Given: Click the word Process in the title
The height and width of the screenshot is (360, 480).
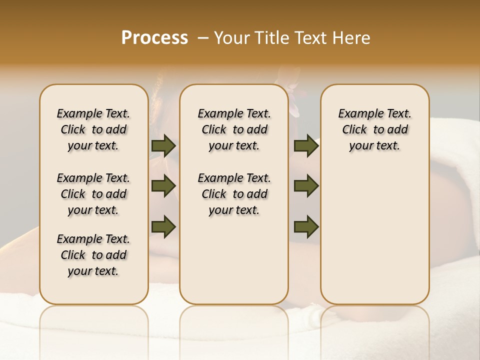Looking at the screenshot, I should coord(154,38).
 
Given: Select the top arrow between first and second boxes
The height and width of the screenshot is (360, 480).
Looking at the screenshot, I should coord(163,145).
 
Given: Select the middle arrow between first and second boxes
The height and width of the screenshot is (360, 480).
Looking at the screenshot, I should coord(163,186).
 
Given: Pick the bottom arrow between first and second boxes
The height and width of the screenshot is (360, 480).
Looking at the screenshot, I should coord(163,226).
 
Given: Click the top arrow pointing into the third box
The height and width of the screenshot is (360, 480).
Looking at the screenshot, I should coord(306,145).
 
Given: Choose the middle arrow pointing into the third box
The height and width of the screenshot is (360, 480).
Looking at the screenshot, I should coord(306,186).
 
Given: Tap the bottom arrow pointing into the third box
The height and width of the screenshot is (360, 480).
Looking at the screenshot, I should coord(306,226).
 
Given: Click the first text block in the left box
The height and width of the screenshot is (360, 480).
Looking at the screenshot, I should coord(93,129).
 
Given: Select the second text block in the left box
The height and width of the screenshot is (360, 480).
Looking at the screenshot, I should coord(93,194).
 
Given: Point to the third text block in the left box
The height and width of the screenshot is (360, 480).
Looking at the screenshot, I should coord(93,255).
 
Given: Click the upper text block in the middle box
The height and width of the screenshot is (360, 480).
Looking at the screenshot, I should coord(234,129).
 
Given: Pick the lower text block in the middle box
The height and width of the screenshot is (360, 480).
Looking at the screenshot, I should coord(234,194).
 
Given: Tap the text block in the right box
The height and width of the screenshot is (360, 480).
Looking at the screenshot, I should coord(374,129).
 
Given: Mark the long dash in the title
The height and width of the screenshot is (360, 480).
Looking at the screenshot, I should coord(203,38).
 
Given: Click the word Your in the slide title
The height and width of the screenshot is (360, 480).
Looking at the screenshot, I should coord(230,38).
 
